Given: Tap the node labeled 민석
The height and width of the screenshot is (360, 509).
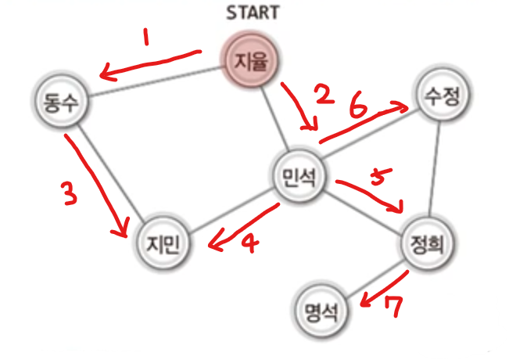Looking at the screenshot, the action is (x=296, y=178).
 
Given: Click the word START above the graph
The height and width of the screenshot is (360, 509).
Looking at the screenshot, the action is (x=252, y=13).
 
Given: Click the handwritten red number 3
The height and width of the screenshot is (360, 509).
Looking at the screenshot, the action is (x=70, y=193).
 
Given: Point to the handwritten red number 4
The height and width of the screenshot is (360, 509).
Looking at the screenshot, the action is (x=249, y=244).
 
